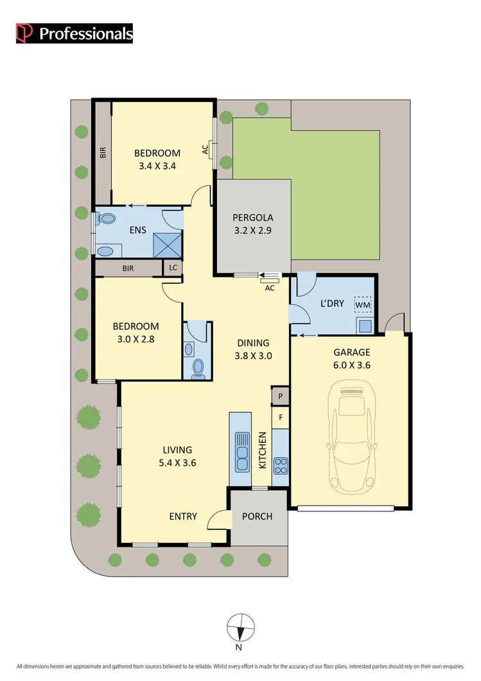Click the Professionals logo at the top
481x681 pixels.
(74, 33)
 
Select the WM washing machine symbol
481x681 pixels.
(363, 304)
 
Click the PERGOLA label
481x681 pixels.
(252, 217)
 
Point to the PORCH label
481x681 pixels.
(257, 517)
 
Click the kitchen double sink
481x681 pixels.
(242, 451)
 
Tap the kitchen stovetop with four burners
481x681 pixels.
(281, 466)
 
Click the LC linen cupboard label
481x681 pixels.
(173, 268)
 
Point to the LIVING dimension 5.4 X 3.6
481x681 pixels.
(177, 462)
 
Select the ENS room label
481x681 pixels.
(137, 230)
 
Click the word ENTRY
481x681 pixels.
(183, 517)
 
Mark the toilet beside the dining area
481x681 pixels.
(198, 367)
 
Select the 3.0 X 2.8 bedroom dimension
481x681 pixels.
(136, 339)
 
